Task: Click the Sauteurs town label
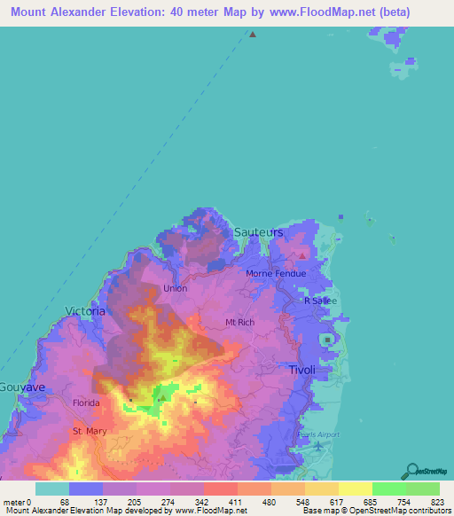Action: point(259,232)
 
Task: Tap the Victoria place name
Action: point(85,311)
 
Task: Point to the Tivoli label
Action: point(302,370)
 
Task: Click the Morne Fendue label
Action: point(276,273)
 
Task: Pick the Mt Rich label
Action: point(240,323)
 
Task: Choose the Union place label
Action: point(175,288)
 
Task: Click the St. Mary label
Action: point(90,432)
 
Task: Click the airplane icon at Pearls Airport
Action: point(318,445)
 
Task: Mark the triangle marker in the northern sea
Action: point(253,35)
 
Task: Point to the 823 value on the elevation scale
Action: point(438,502)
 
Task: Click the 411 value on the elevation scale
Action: point(237,502)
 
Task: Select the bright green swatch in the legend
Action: point(388,489)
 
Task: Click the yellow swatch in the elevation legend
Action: point(355,489)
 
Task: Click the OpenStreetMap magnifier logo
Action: point(412,471)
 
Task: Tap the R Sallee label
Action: point(320,301)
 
